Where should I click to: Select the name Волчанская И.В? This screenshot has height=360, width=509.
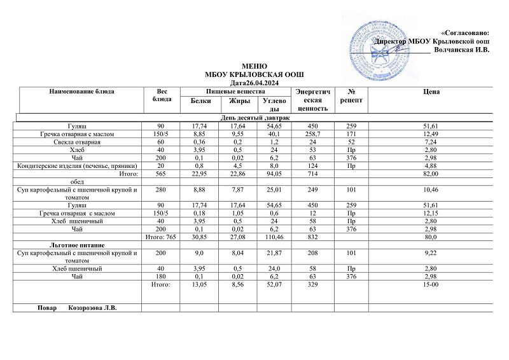[x=461, y=50]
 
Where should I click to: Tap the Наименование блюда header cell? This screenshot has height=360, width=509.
[x=81, y=92]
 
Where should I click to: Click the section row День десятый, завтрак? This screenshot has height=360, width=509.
[x=255, y=118]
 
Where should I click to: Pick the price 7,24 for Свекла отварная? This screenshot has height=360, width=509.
[x=431, y=143]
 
